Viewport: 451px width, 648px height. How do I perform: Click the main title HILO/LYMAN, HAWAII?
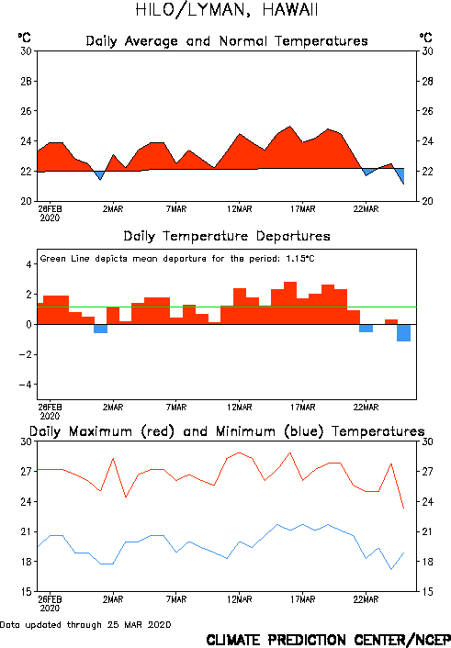[227, 10]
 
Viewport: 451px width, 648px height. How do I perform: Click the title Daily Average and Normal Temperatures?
[227, 41]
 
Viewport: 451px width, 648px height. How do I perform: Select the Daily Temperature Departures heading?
[227, 236]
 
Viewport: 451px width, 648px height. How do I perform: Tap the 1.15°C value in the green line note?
[300, 259]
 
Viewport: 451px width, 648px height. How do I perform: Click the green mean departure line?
[227, 307]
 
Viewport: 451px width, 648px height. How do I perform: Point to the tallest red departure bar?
[290, 303]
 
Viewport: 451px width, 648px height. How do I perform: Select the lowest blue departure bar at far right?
[404, 332]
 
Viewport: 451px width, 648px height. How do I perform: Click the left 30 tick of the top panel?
[26, 51]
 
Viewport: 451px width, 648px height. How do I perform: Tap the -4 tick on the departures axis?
[25, 385]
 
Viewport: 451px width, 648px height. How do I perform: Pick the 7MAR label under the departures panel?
[176, 408]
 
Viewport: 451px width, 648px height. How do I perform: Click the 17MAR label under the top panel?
[302, 209]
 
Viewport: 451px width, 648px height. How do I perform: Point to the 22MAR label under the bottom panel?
[366, 599]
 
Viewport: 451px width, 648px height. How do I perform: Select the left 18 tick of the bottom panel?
[26, 562]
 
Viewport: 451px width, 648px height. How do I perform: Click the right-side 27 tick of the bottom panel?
[427, 472]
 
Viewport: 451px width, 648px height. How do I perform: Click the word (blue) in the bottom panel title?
[304, 431]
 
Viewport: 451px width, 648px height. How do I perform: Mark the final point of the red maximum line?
[404, 508]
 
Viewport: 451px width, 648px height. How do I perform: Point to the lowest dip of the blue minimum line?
[391, 569]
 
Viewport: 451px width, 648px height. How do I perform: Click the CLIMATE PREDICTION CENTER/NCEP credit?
[328, 640]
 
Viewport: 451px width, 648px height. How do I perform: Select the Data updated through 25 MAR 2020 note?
[85, 624]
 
